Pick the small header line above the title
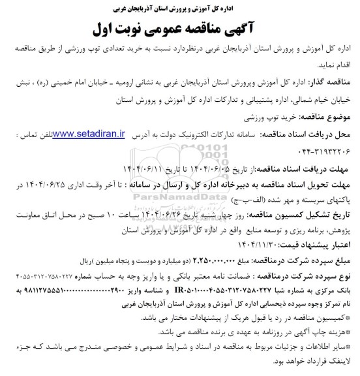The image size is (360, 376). click(x=180, y=8)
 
